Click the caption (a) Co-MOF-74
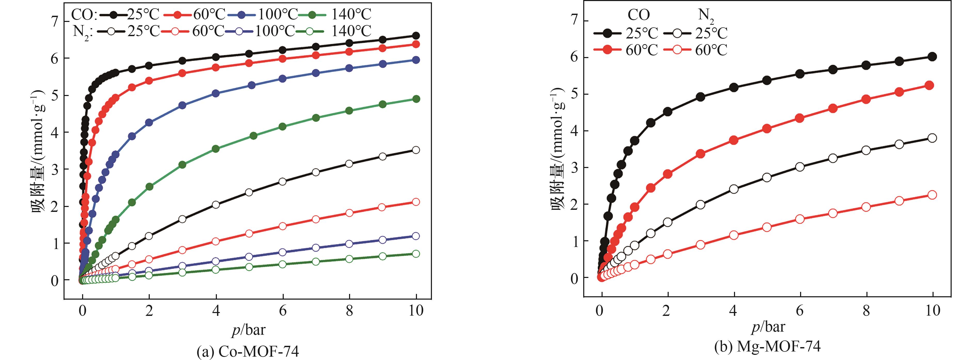point(248,351)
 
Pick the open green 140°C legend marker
point(309,31)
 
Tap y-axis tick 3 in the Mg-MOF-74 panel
point(574,167)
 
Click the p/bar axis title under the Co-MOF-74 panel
point(248,330)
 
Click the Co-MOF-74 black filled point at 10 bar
point(416,36)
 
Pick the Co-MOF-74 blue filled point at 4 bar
point(216,93)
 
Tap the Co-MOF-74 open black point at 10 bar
point(416,150)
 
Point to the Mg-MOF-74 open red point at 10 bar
point(932,195)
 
